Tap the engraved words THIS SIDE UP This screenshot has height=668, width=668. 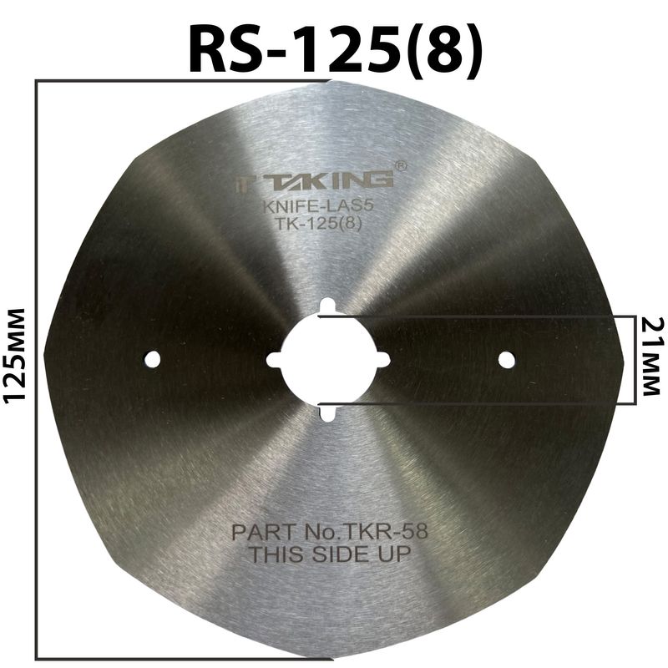tap(332, 553)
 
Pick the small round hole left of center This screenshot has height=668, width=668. tap(151, 359)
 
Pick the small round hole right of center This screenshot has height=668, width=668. tap(505, 359)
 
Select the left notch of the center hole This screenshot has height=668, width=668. tap(273, 360)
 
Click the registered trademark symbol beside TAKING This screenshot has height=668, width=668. tap(400, 166)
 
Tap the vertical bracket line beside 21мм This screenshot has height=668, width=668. tap(627, 359)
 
